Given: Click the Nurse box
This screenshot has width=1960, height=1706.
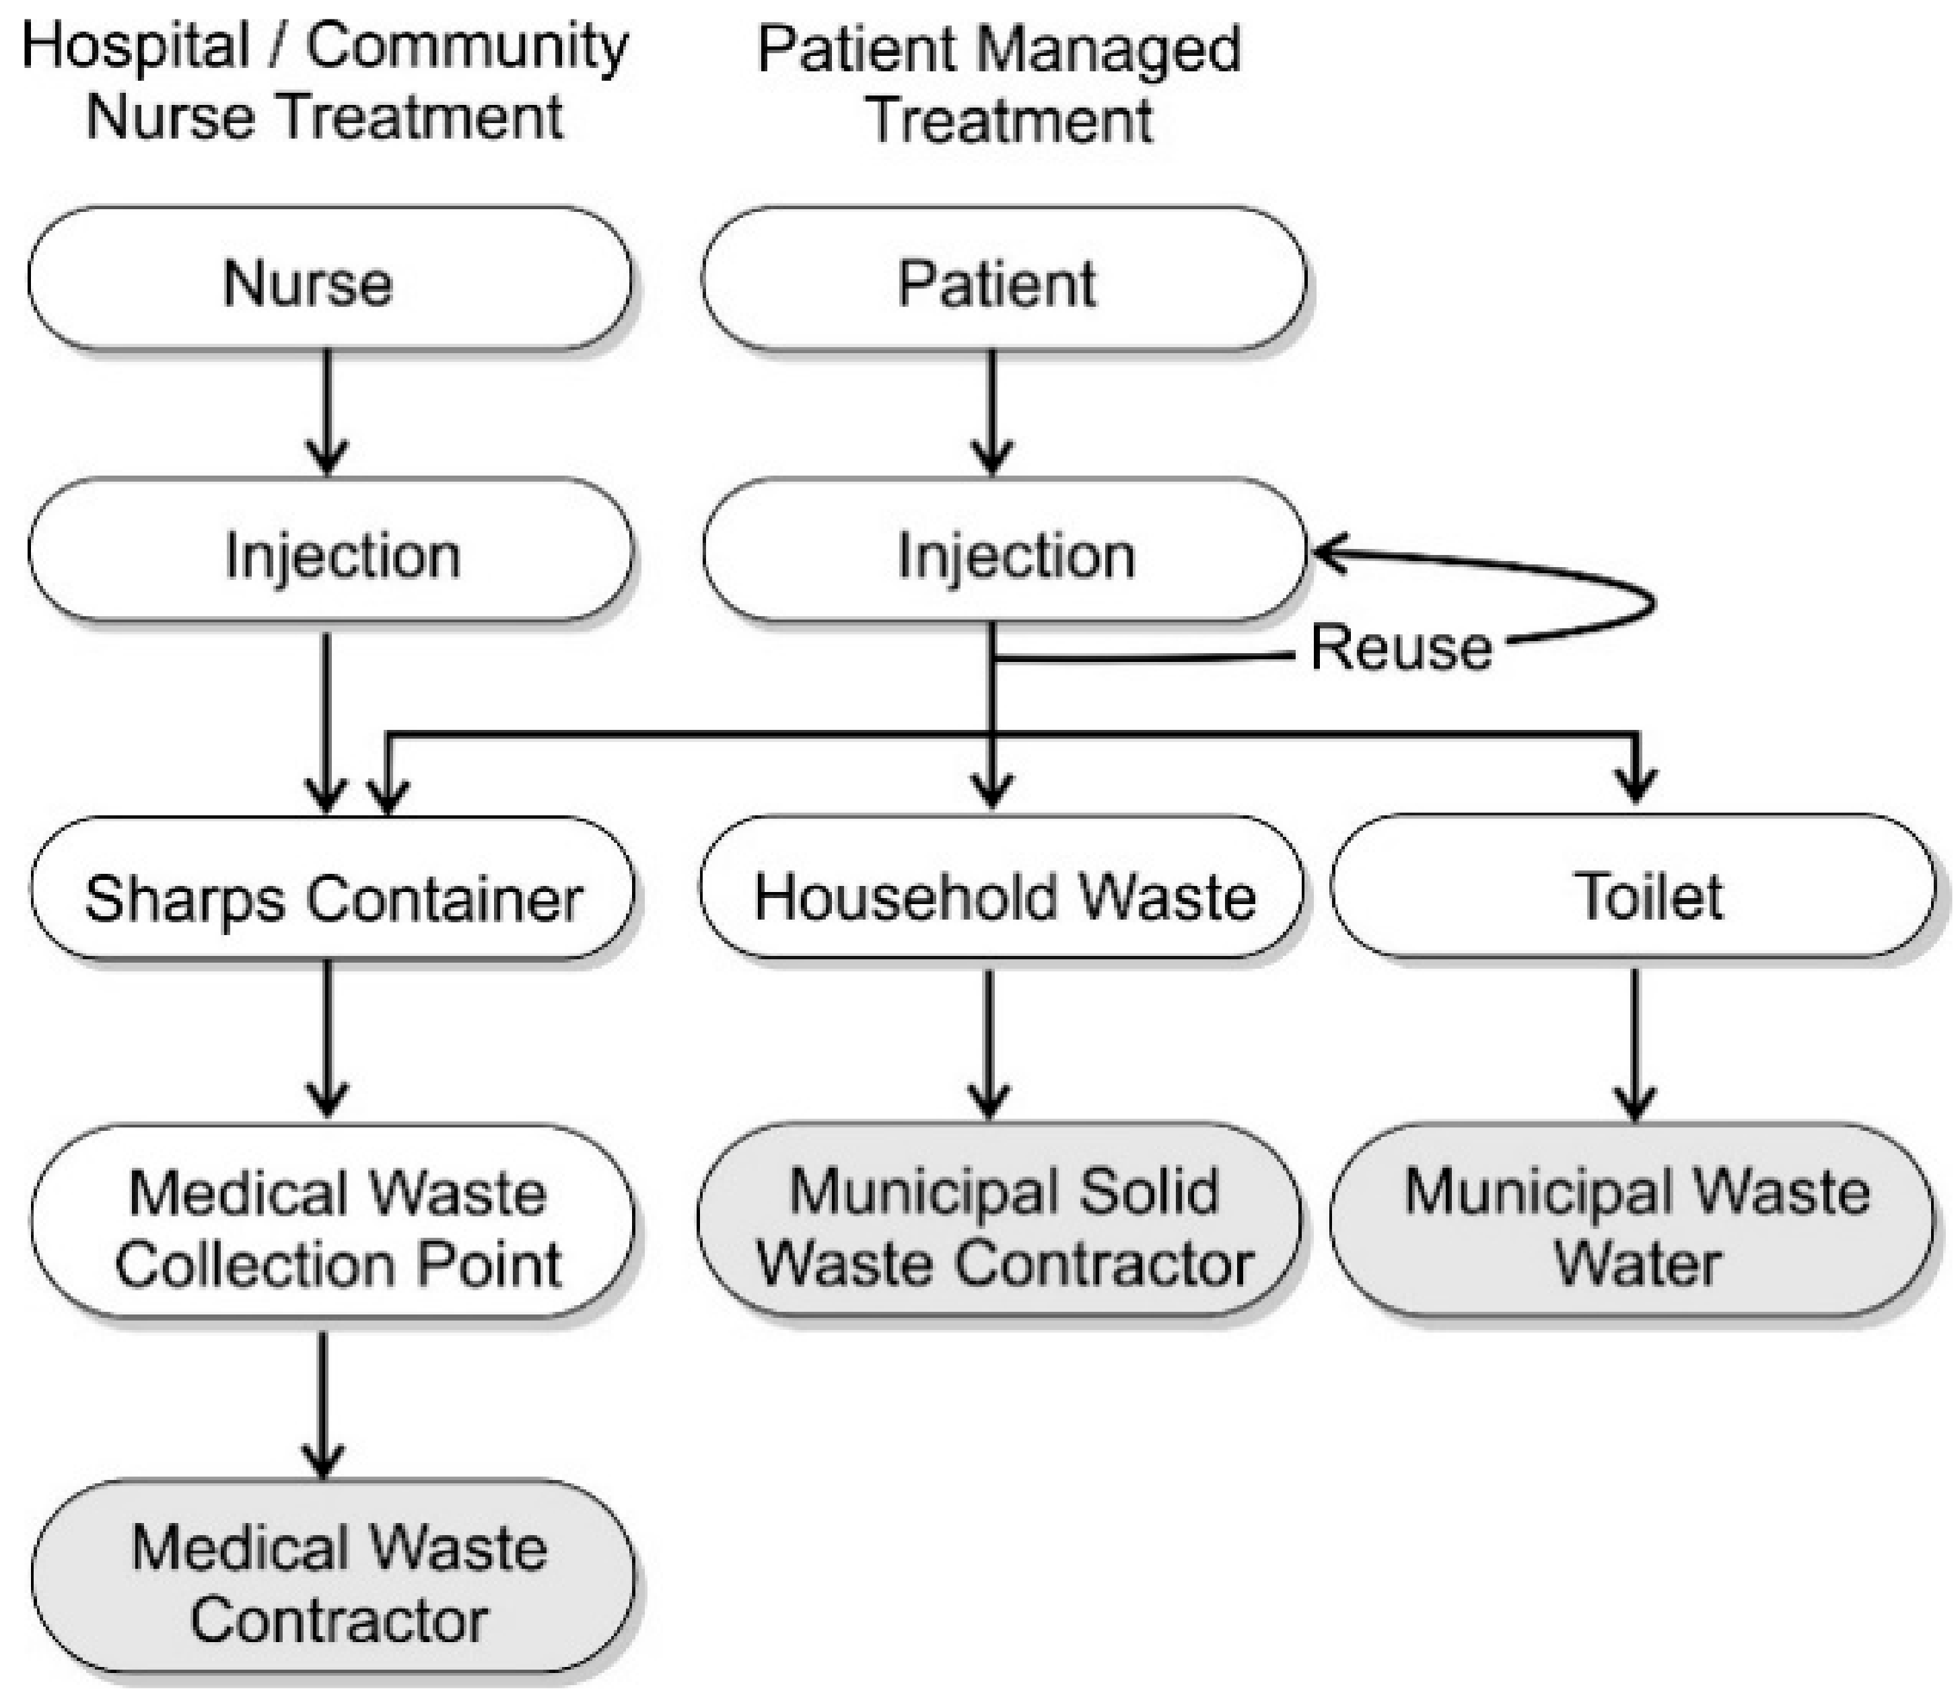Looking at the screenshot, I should point(328,280).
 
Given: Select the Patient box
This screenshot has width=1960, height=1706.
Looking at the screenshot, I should point(1003,280).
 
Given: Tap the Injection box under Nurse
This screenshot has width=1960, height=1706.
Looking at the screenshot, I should point(328,550).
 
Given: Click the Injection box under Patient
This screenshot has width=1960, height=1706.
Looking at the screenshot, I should point(1003,550).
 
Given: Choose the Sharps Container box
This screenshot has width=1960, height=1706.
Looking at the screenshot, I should point(331,887).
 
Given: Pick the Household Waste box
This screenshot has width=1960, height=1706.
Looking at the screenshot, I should point(1000,887).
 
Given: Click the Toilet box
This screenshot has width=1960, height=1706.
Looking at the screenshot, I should point(1632,887).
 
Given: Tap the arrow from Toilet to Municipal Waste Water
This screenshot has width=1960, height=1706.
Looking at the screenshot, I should point(1635,1043).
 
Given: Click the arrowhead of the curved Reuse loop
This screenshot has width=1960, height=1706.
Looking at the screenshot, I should point(1329,552).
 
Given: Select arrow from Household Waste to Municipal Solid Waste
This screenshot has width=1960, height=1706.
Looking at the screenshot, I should point(989,1043).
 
